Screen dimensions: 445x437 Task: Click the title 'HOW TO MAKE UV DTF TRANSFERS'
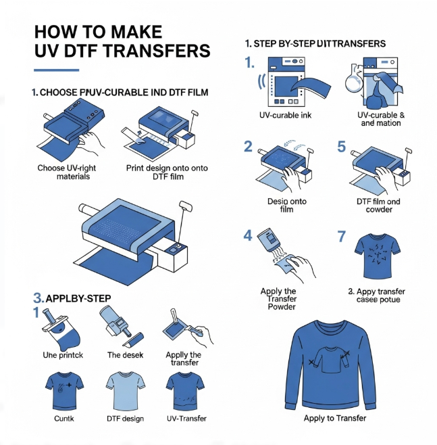[x=122, y=41]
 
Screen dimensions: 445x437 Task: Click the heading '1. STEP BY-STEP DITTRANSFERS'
[x=315, y=43]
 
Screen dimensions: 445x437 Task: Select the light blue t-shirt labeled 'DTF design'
[x=126, y=390]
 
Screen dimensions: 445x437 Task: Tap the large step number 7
[x=342, y=237]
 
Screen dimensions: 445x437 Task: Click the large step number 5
[x=341, y=147]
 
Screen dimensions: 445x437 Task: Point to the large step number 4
[x=248, y=236]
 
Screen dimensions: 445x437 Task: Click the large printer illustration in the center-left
[x=128, y=233]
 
